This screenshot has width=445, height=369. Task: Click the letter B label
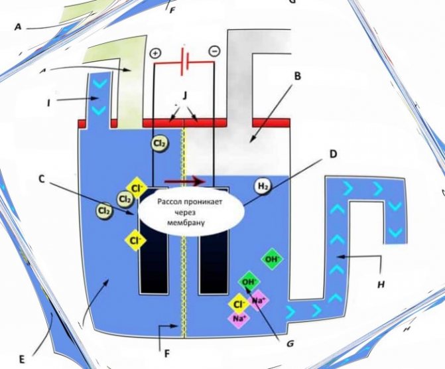pyautogui.click(x=298, y=76)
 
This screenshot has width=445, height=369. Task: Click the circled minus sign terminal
pyautogui.click(x=215, y=51)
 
